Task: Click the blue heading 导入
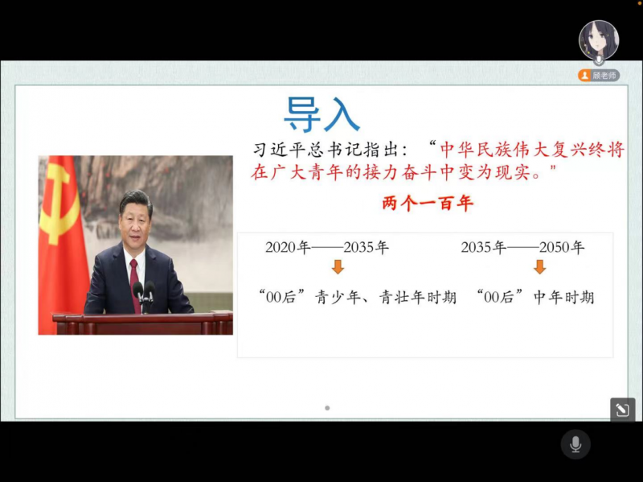tap(322, 114)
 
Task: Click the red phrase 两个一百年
tap(428, 204)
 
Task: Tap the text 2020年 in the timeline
tap(288, 248)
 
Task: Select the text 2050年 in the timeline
tap(562, 248)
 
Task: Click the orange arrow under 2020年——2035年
tap(338, 267)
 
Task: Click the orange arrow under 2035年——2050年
tap(539, 267)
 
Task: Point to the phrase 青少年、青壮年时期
tap(386, 297)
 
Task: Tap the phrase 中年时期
tap(564, 297)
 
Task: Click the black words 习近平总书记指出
tap(324, 150)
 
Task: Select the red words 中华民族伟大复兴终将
tap(532, 150)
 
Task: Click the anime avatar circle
tap(599, 39)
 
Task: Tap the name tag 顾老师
tap(599, 76)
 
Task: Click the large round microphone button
tap(575, 444)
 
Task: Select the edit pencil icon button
tap(622, 410)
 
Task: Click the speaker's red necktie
tap(135, 284)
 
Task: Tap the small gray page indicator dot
tap(327, 408)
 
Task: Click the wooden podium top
tap(142, 317)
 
